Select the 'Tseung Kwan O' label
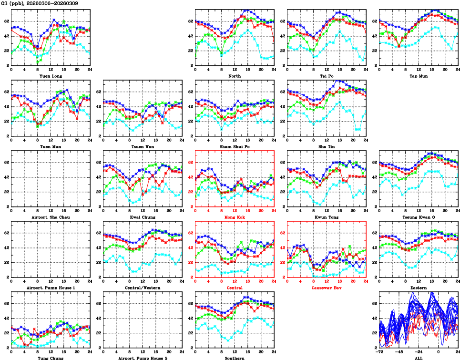(419, 217)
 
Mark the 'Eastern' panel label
(419, 288)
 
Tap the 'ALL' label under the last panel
(419, 358)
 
